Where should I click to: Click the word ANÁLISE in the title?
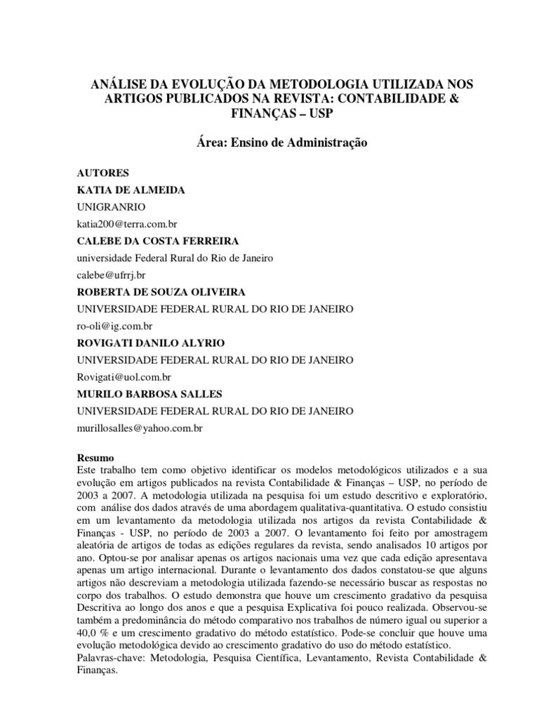pyautogui.click(x=117, y=84)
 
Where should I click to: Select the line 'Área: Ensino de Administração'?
pyautogui.click(x=269, y=143)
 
